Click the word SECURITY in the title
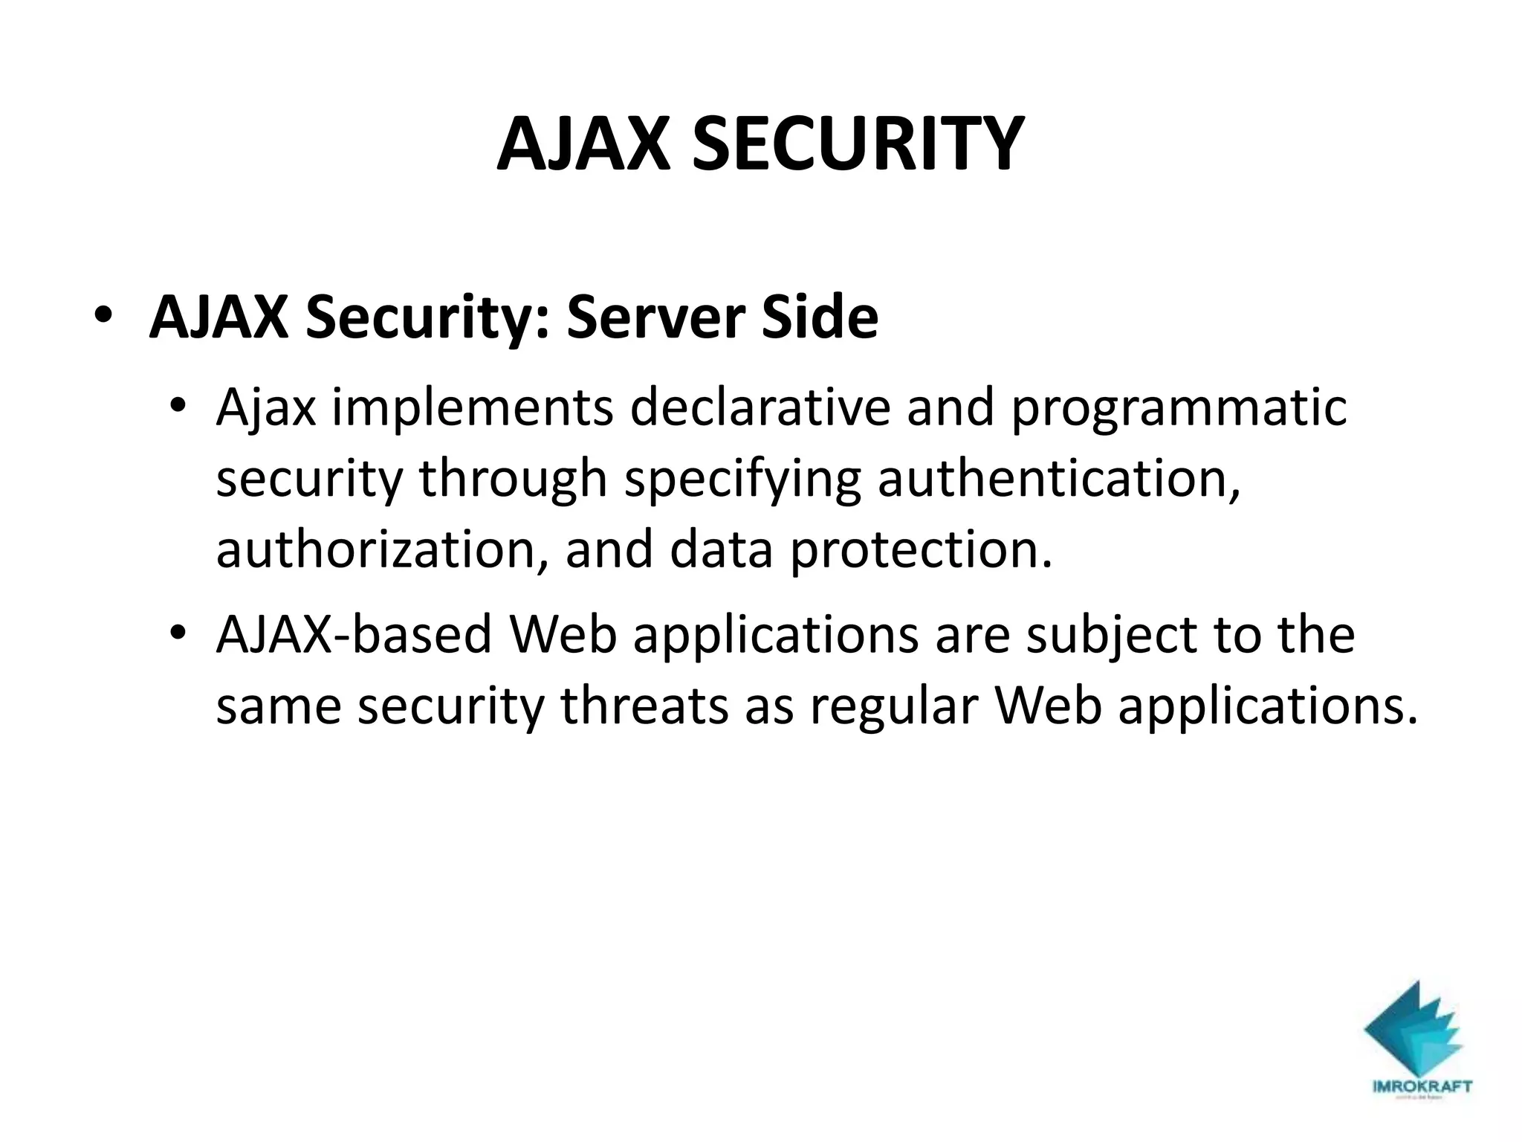point(858,144)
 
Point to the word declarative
point(760,408)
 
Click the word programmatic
point(1179,410)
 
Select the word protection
point(922,550)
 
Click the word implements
point(473,410)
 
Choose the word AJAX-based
point(354,635)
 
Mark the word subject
point(1103,636)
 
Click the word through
point(514,480)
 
